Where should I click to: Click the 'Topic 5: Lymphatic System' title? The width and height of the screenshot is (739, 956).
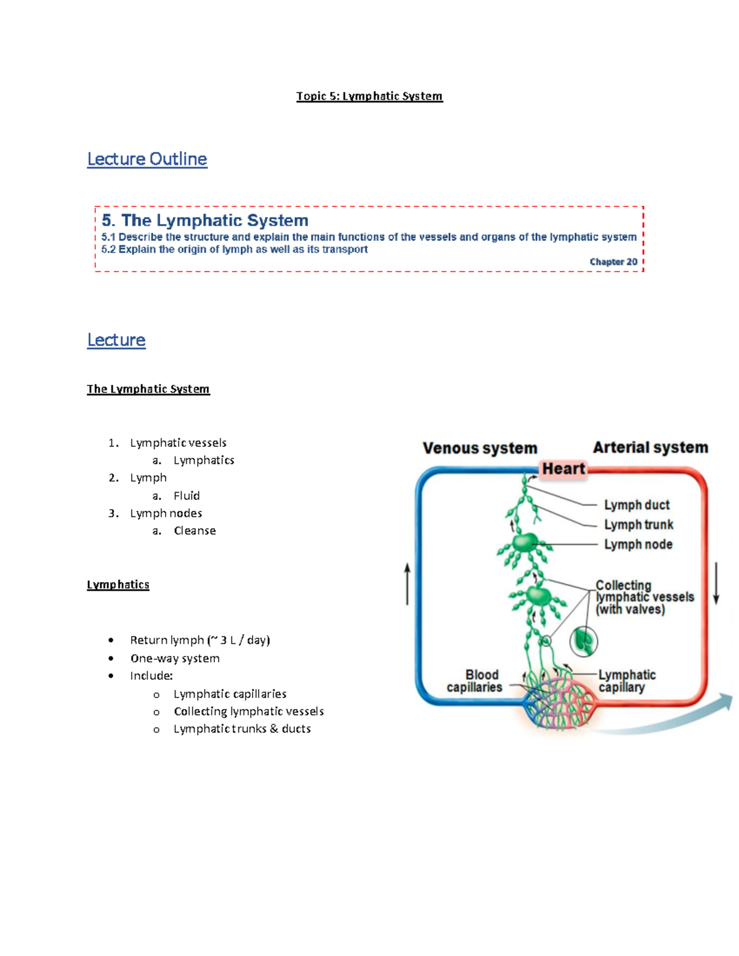[x=369, y=96]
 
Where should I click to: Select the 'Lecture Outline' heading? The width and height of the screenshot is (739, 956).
[x=147, y=159]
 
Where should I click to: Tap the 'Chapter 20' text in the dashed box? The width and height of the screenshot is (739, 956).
[x=613, y=262]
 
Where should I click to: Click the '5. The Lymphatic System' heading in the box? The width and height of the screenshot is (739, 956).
[x=205, y=220]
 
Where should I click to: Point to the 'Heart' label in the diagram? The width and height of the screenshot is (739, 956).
[x=563, y=469]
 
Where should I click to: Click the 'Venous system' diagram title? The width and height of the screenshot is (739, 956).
[x=480, y=448]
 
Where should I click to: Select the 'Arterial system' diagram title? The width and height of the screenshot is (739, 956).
[x=650, y=448]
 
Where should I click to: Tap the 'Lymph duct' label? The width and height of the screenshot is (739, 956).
[x=636, y=505]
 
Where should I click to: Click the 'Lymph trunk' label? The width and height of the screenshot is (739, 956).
[x=638, y=524]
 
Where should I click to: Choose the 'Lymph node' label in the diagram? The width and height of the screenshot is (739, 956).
[x=637, y=544]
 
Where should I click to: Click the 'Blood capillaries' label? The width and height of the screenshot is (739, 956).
[x=475, y=681]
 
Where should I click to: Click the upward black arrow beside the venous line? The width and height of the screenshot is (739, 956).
[x=407, y=584]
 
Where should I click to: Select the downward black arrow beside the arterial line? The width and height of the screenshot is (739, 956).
[x=716, y=583]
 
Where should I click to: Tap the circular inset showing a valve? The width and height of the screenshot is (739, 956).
[x=583, y=641]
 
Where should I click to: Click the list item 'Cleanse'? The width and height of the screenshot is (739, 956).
[x=195, y=531]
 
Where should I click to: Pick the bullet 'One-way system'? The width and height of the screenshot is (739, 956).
[x=175, y=658]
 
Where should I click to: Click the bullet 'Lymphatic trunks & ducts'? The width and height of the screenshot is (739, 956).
[x=242, y=729]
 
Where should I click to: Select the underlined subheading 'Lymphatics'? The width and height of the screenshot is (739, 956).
[x=118, y=585]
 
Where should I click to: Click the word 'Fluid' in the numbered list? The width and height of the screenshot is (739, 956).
[x=187, y=496]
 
